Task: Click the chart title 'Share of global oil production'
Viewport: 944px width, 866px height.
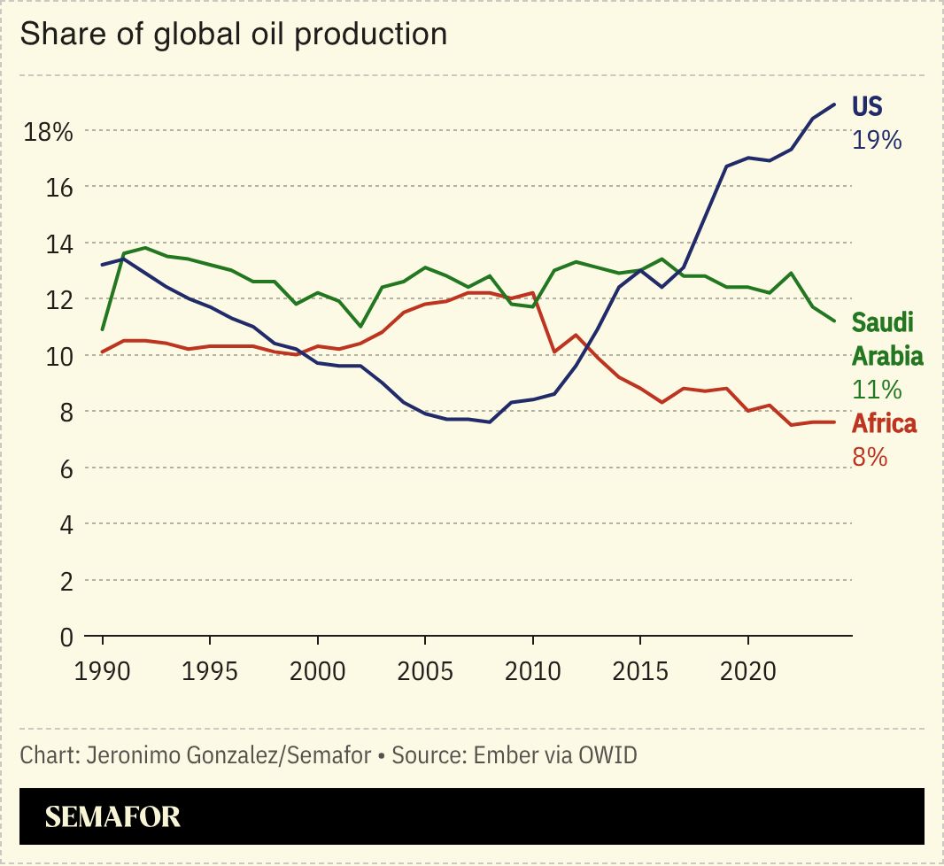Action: click(x=233, y=34)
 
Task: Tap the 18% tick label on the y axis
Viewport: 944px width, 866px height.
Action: click(x=48, y=132)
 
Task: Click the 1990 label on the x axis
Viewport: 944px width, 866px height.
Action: click(x=103, y=671)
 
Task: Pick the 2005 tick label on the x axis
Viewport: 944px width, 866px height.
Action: click(x=425, y=671)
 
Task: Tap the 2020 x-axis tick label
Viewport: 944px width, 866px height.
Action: click(x=748, y=671)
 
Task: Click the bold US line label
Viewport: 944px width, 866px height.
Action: click(x=867, y=106)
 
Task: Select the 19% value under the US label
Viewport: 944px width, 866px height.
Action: click(x=876, y=139)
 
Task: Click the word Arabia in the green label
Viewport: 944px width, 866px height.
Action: click(x=886, y=356)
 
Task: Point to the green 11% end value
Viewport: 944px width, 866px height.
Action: click(x=876, y=389)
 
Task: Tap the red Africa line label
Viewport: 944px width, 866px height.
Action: click(x=884, y=423)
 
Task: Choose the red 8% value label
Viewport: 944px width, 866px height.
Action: click(x=869, y=456)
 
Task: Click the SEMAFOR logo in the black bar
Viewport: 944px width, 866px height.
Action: click(x=112, y=816)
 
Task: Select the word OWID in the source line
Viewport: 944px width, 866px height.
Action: click(x=607, y=755)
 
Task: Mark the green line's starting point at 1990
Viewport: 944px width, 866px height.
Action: click(x=103, y=330)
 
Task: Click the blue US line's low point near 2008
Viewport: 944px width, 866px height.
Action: click(x=490, y=422)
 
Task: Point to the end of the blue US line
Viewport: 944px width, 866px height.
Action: click(x=834, y=104)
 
